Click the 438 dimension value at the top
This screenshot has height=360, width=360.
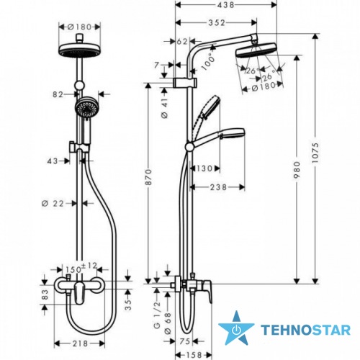[x=225, y=5]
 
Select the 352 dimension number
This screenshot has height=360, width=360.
[x=217, y=22]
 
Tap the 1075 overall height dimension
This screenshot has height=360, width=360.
[x=316, y=153]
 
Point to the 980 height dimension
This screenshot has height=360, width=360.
[x=297, y=170]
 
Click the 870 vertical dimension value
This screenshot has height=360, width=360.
[x=149, y=177]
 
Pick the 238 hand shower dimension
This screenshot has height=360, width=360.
[x=218, y=187]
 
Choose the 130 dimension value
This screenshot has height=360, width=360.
[x=204, y=168]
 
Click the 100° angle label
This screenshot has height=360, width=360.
[x=208, y=60]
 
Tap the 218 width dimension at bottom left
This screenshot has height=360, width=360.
[x=80, y=343]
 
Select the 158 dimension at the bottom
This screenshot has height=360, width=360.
[x=194, y=355]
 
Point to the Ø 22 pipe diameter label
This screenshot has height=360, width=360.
[x=53, y=204]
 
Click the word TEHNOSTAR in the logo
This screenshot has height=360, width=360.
[x=305, y=330]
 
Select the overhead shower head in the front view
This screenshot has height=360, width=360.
[x=79, y=50]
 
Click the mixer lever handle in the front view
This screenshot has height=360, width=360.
[x=79, y=293]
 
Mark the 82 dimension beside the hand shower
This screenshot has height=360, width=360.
[x=58, y=94]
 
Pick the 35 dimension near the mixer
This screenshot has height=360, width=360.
[x=129, y=305]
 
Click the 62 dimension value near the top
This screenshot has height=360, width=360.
[x=182, y=41]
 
